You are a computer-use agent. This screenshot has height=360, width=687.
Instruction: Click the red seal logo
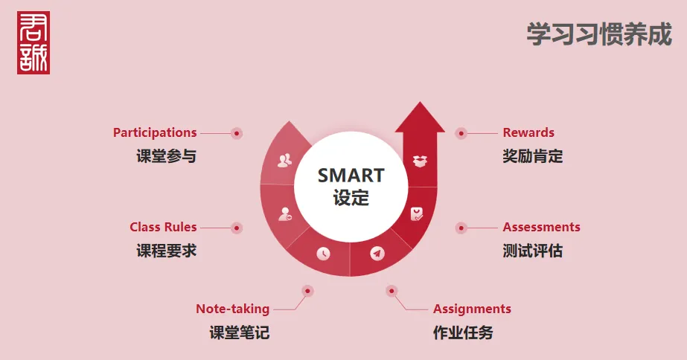[x=33, y=42]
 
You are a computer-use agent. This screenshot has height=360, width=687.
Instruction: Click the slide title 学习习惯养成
[x=599, y=34]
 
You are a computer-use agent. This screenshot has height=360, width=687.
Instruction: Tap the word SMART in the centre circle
[x=351, y=176]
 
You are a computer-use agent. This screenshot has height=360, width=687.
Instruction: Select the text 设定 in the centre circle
[x=351, y=198]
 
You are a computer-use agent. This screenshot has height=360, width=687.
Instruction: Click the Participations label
[x=155, y=132]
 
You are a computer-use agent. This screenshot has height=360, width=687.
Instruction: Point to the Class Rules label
[x=163, y=227]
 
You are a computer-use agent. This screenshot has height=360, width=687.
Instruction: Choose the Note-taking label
[x=233, y=309]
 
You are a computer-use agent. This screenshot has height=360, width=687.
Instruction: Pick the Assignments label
[x=472, y=309]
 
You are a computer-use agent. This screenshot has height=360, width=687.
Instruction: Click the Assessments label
[x=541, y=227]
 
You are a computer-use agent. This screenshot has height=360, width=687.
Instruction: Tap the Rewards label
[x=528, y=132]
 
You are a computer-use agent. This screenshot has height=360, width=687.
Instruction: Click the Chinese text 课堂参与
[x=166, y=156]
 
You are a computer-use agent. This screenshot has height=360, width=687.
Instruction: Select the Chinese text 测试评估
[x=532, y=251]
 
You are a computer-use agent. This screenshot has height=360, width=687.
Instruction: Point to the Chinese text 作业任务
[x=463, y=332]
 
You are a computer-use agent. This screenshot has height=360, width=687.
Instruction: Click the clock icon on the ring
[x=323, y=253]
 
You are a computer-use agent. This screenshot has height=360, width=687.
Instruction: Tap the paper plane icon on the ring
[x=377, y=253]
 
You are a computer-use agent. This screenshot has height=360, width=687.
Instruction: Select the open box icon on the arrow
[x=421, y=161]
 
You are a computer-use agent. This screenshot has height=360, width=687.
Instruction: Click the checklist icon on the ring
[x=417, y=214]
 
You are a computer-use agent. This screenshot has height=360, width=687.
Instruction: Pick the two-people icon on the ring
[x=285, y=161]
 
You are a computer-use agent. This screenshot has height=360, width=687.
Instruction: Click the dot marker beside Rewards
[x=461, y=133]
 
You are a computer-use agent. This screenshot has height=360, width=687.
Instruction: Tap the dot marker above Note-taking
[x=307, y=291]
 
